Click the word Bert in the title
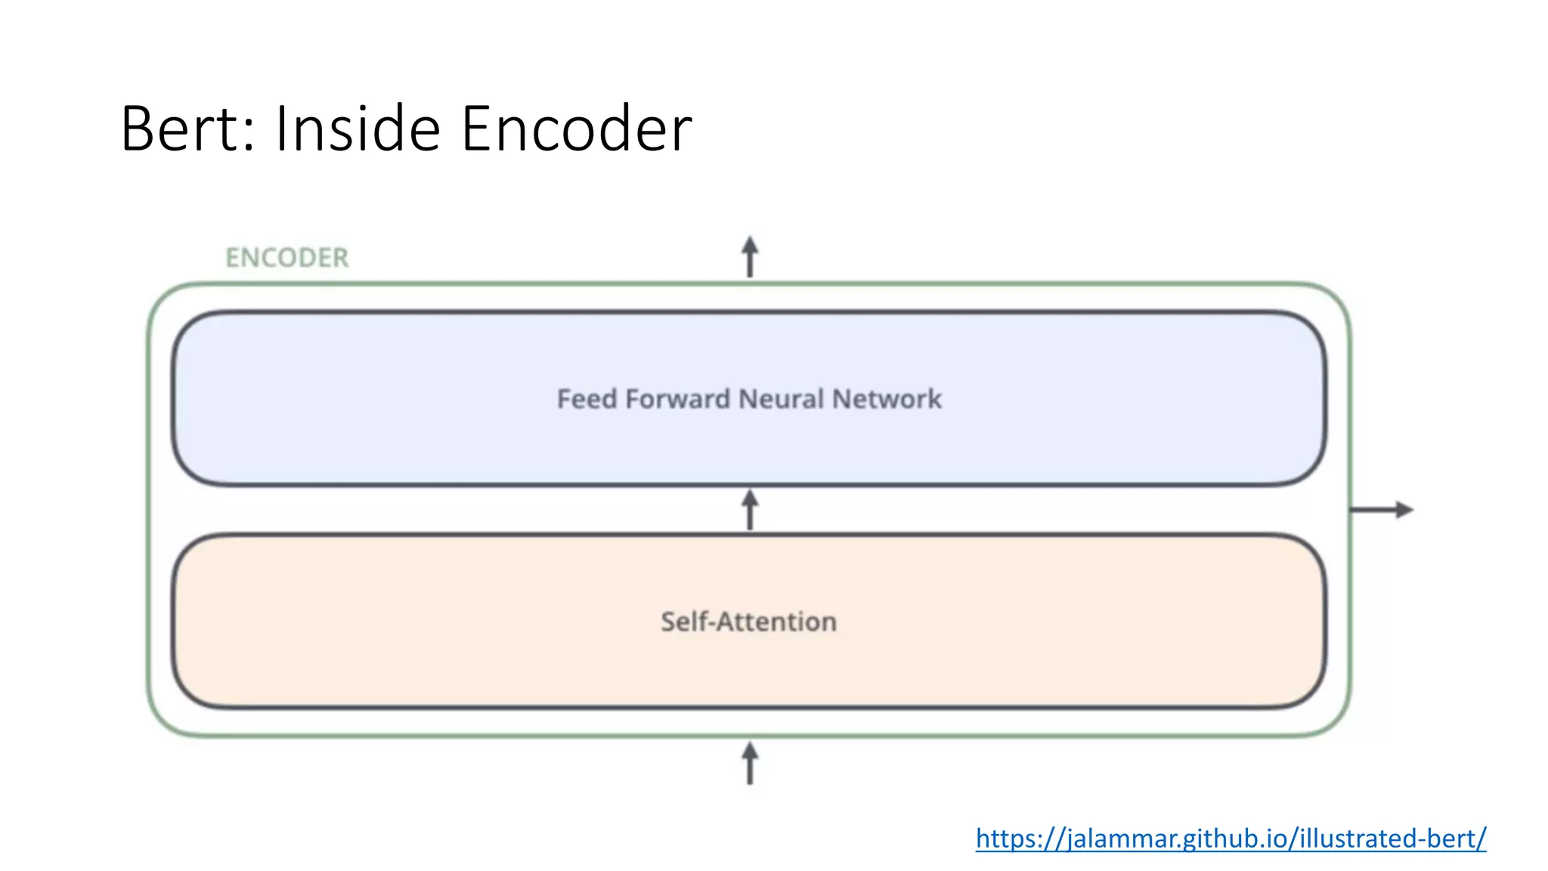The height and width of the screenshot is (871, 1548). click(181, 129)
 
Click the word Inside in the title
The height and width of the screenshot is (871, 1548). click(358, 129)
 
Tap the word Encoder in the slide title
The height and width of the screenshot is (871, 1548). click(576, 129)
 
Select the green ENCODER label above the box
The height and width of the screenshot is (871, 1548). click(287, 258)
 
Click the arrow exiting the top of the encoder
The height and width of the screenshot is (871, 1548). click(749, 257)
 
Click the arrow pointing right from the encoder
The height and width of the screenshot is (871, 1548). click(1382, 510)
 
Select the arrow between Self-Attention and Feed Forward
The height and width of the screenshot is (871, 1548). click(749, 510)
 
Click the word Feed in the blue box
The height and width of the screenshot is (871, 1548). click(587, 399)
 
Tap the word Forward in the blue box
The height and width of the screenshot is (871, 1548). click(677, 399)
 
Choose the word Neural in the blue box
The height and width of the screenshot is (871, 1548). click(781, 399)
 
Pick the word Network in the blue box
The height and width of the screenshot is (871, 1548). click(887, 399)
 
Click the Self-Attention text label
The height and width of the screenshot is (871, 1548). click(748, 621)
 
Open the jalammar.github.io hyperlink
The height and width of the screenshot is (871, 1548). click(1231, 838)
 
